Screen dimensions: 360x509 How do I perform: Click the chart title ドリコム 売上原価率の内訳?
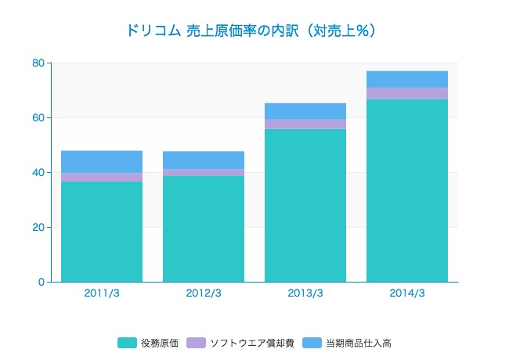pos(251,31)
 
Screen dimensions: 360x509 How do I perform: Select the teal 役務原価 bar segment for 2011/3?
pos(102,232)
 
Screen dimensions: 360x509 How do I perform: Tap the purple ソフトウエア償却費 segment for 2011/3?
pos(102,178)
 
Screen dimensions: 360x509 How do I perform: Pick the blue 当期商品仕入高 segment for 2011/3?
pos(102,162)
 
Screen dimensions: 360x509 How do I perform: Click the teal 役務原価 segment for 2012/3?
pos(204,229)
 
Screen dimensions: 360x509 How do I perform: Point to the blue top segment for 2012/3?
pos(204,160)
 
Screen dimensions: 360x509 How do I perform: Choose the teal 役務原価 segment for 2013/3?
pos(305,205)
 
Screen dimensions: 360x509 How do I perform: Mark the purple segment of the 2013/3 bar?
pos(305,124)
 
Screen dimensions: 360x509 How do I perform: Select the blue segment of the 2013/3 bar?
pos(305,111)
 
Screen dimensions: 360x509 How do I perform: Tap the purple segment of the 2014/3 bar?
pos(407,93)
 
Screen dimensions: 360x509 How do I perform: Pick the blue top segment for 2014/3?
pos(407,79)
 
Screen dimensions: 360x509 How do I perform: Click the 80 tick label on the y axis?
pos(38,63)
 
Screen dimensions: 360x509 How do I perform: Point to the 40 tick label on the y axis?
pos(38,172)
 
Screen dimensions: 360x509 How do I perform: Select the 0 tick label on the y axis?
pos(41,282)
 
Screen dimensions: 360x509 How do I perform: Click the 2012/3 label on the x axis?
pos(204,293)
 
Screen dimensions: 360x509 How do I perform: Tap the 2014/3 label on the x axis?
pos(407,293)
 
